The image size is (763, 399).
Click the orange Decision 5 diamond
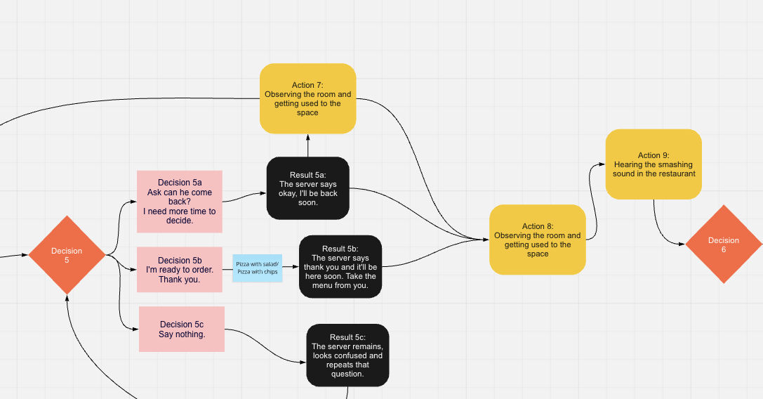tap(67, 255)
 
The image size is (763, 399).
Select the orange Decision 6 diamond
tap(723, 244)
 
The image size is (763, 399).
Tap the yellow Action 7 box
tap(307, 98)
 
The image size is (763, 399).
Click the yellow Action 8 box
tap(537, 240)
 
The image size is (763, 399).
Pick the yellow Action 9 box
tap(653, 164)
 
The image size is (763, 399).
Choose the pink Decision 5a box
tap(180, 202)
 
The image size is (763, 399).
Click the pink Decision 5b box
tap(180, 270)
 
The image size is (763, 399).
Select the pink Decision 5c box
tap(182, 329)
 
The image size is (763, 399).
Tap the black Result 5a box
tap(307, 188)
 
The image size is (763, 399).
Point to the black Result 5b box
tap(340, 266)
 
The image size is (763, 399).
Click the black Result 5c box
tap(347, 355)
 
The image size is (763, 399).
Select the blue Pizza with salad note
tap(257, 268)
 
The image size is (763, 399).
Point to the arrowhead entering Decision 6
tap(682, 244)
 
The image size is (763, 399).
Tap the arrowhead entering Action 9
tap(602, 164)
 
